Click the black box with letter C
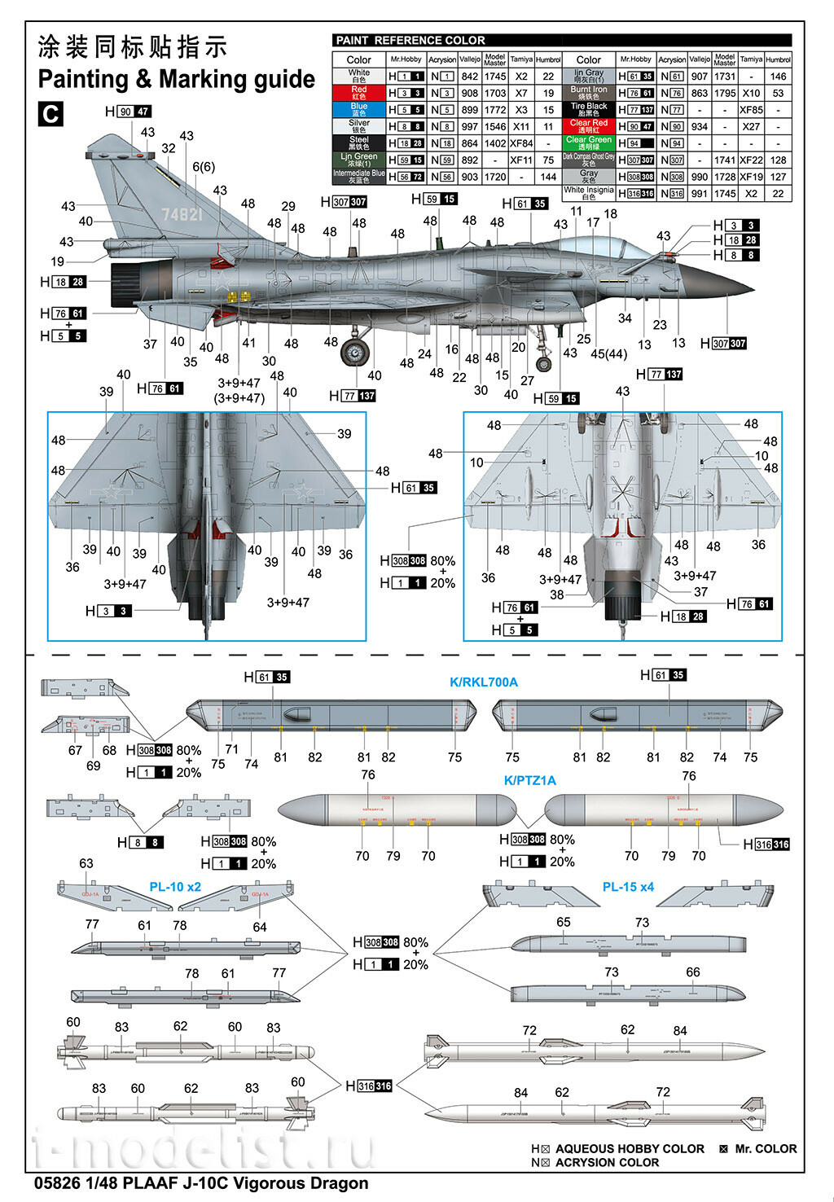pyautogui.click(x=50, y=113)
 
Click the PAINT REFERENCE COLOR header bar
pyautogui.click(x=561, y=40)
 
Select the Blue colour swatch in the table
pyautogui.click(x=358, y=109)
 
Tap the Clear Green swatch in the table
pyautogui.click(x=588, y=143)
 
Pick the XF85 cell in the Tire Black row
pyautogui.click(x=751, y=109)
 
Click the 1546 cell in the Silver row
pyautogui.click(x=494, y=126)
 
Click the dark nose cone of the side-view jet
pyautogui.click(x=733, y=285)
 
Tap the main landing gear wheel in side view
pyautogui.click(x=354, y=353)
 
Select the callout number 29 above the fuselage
pyautogui.click(x=288, y=207)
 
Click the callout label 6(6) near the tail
pyautogui.click(x=204, y=167)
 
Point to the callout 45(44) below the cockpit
pyautogui.click(x=609, y=353)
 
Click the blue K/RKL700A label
pyautogui.click(x=484, y=682)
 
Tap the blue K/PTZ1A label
pyautogui.click(x=529, y=780)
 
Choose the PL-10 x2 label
pyautogui.click(x=175, y=886)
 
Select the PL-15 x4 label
pyautogui.click(x=628, y=886)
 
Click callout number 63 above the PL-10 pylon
pyautogui.click(x=86, y=863)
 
